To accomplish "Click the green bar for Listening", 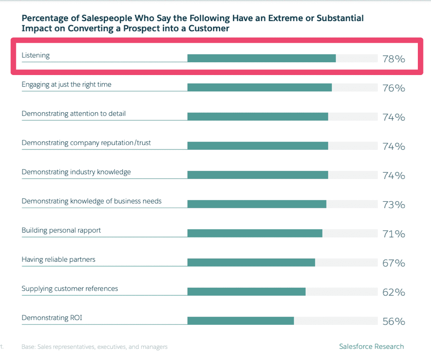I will [x=261, y=58].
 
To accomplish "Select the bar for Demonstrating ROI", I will [x=241, y=321].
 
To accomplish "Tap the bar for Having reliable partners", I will [x=251, y=263].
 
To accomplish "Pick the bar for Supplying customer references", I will [x=246, y=292].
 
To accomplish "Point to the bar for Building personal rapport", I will [x=255, y=233].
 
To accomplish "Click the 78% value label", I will [x=393, y=59].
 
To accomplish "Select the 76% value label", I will [x=393, y=88].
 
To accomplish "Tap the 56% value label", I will [x=393, y=322].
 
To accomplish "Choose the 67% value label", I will [x=393, y=263].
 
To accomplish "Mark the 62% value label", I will [x=393, y=293].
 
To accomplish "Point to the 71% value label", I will [x=393, y=234].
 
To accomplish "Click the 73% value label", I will [x=393, y=205].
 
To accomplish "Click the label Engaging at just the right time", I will [x=66, y=85].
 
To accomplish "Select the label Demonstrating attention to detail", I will [x=73, y=114].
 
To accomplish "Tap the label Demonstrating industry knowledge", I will [x=76, y=172].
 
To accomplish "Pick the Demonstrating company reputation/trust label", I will [x=86, y=143].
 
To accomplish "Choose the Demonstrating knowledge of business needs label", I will [x=91, y=201].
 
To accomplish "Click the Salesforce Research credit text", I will [x=371, y=346].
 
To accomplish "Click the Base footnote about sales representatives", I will [x=95, y=347].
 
